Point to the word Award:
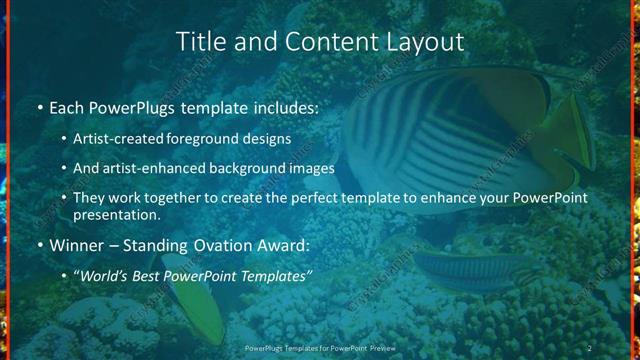click(283, 244)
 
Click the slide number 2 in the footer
click(589, 348)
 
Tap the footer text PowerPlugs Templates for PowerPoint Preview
click(320, 348)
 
